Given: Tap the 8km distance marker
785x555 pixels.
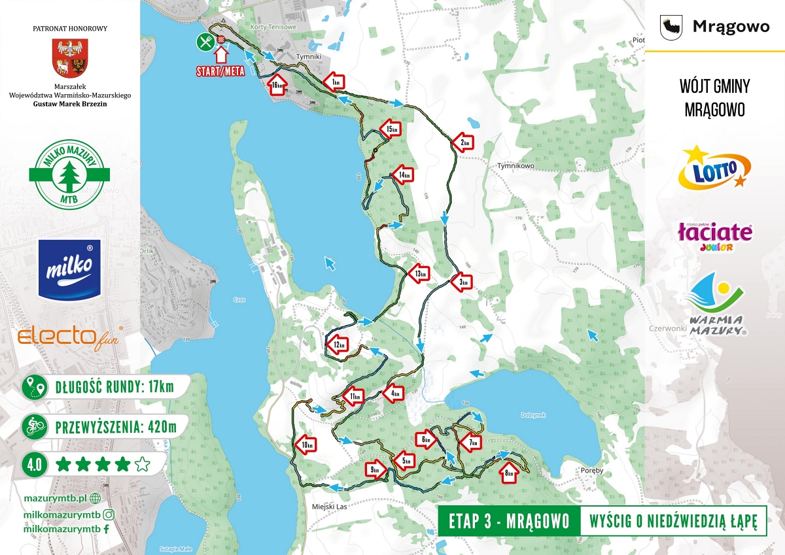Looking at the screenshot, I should (509, 471).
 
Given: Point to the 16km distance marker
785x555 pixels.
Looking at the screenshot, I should (277, 85).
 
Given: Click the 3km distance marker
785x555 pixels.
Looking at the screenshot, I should (462, 282).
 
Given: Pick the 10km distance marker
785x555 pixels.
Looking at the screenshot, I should (306, 445).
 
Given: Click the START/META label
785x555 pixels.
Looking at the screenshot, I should (220, 71).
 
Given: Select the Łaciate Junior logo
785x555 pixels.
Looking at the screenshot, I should (714, 235).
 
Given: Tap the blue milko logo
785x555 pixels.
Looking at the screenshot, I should (70, 269).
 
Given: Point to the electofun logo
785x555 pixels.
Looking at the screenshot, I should (70, 337).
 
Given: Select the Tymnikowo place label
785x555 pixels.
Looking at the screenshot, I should (517, 166).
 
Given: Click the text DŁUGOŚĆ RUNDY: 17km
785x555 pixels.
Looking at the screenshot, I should (115, 387).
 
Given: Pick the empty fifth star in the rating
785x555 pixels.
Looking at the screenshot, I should (142, 465).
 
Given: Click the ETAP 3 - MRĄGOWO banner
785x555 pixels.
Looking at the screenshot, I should (508, 521).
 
